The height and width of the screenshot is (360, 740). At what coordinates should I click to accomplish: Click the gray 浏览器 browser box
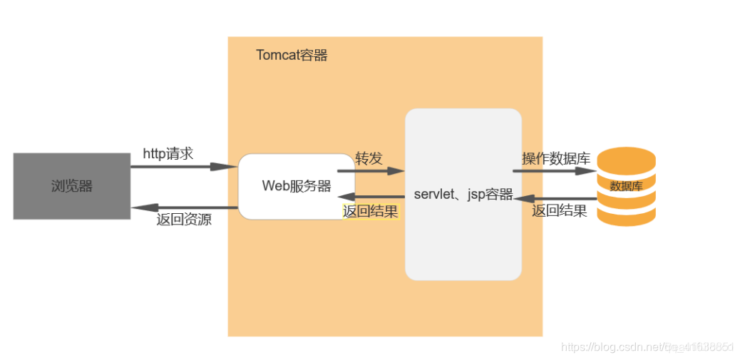pyautogui.click(x=71, y=186)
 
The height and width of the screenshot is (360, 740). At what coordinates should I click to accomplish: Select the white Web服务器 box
pyautogui.click(x=297, y=186)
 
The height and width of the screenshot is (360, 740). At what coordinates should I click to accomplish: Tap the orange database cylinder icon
pyautogui.click(x=625, y=186)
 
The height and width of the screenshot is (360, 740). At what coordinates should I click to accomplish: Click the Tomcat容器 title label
pyautogui.click(x=292, y=55)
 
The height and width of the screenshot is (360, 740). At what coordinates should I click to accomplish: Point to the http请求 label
pyautogui.click(x=168, y=153)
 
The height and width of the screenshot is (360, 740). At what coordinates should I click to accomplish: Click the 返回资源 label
pyautogui.click(x=183, y=220)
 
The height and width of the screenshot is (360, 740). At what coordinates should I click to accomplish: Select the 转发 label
pyautogui.click(x=369, y=158)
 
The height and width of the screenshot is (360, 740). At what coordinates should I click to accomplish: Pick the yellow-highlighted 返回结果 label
pyautogui.click(x=371, y=211)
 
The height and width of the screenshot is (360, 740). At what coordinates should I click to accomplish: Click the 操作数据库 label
pyautogui.click(x=555, y=158)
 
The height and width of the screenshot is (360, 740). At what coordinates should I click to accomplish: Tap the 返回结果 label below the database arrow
pyautogui.click(x=560, y=211)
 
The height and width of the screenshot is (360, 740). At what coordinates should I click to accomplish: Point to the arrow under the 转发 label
pyautogui.click(x=371, y=171)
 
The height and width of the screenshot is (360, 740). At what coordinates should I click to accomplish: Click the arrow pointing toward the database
pyautogui.click(x=554, y=171)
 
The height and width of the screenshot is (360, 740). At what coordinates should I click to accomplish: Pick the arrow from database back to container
pyautogui.click(x=554, y=199)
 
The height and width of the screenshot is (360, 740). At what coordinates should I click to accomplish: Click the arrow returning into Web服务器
pyautogui.click(x=371, y=197)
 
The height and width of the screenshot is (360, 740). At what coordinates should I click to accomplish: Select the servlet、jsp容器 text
pyautogui.click(x=463, y=195)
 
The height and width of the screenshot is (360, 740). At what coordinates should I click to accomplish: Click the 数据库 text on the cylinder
pyautogui.click(x=626, y=186)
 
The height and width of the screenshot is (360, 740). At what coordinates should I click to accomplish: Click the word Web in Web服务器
pyautogui.click(x=273, y=186)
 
